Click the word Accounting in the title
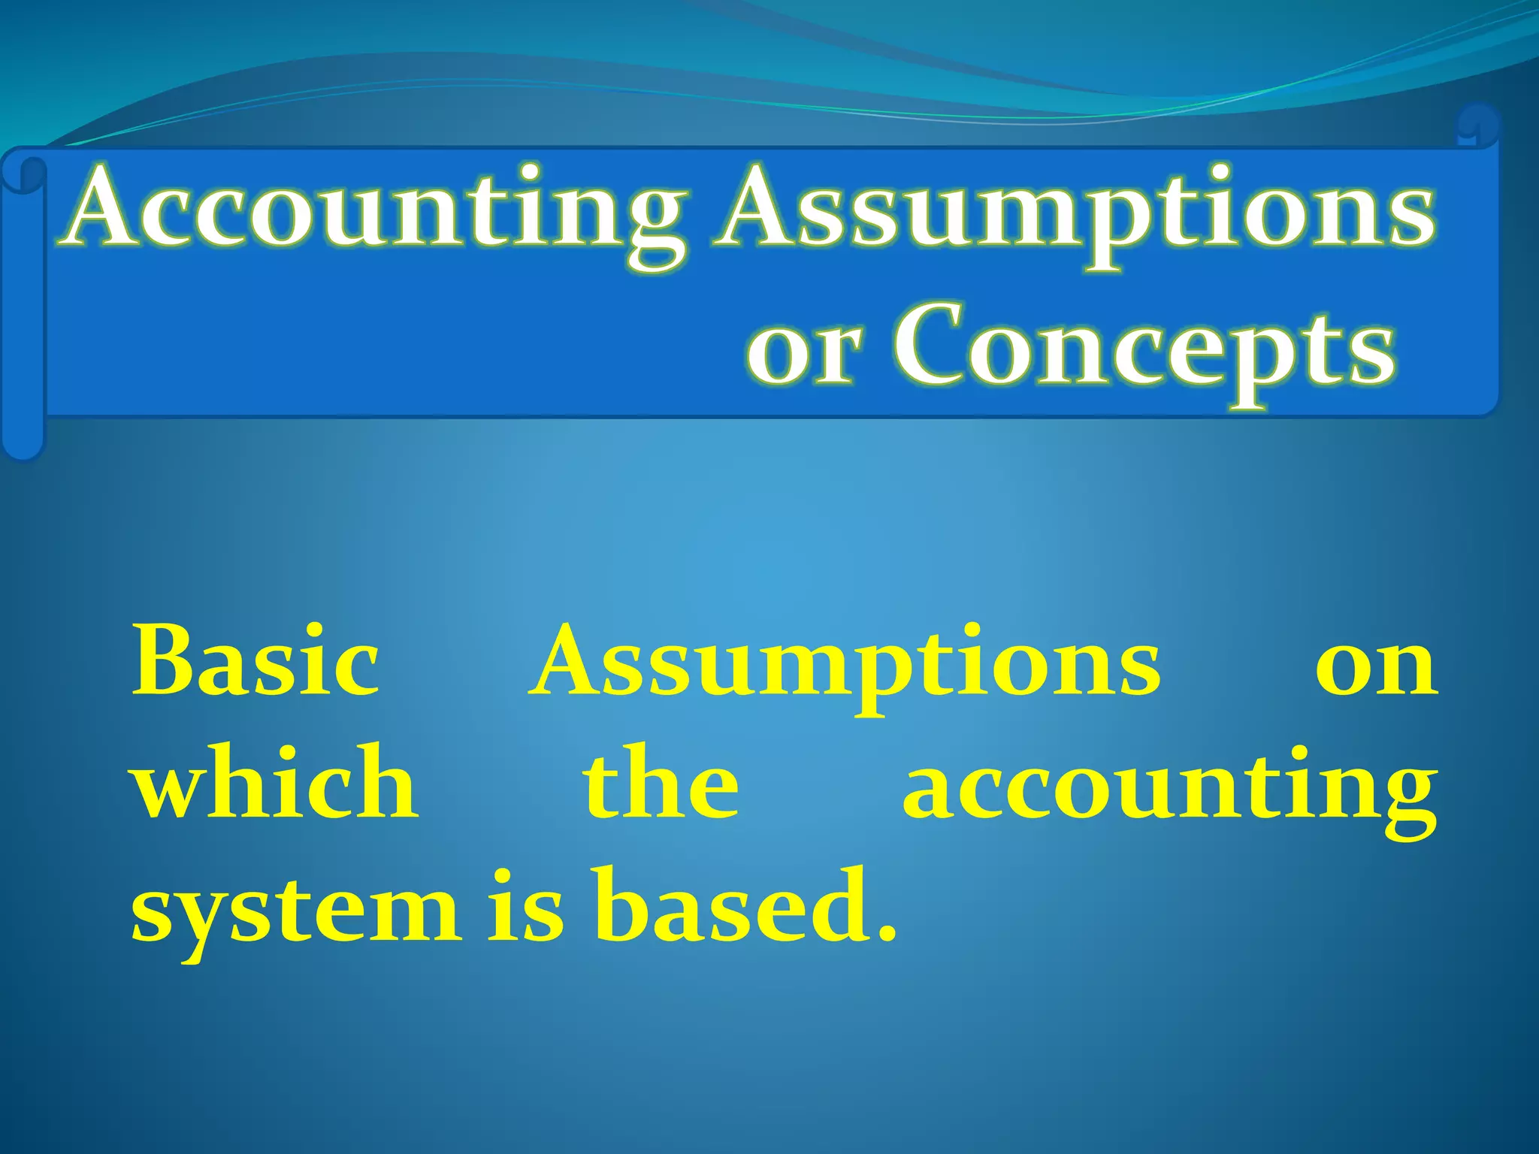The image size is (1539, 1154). pyautogui.click(x=376, y=210)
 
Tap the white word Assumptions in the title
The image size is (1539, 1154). pyautogui.click(x=1075, y=210)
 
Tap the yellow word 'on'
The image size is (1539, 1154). pyautogui.click(x=1375, y=665)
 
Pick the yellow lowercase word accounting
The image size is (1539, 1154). pyautogui.click(x=1169, y=789)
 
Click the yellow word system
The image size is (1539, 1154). pyautogui.click(x=296, y=909)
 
